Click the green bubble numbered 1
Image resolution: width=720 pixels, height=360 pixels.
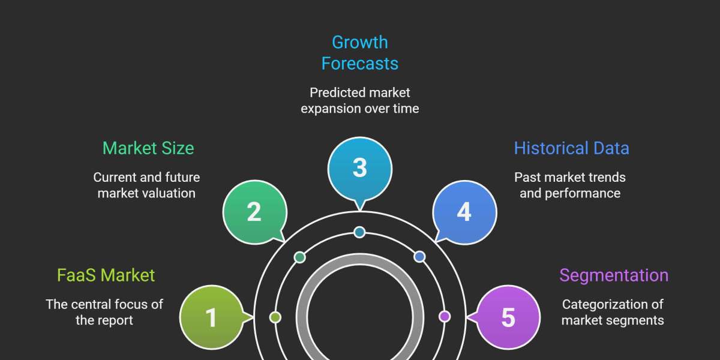pos(211,317)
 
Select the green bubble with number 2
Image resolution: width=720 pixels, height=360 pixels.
pos(254,212)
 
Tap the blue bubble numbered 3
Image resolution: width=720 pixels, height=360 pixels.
pos(359,167)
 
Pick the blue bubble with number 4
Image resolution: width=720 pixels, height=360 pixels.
pos(464,212)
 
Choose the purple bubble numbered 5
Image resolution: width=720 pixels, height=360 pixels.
pos(508,317)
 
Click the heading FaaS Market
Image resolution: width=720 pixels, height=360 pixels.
pos(106,275)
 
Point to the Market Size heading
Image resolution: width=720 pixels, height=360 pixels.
pos(148,148)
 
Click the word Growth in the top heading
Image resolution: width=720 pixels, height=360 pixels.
pos(360,43)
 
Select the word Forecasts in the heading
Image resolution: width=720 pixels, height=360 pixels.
pos(360,64)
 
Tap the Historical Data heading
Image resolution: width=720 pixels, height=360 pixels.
pos(571,148)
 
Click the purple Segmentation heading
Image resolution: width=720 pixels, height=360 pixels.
pos(614,275)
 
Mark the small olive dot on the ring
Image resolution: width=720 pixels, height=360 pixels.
pos(275,317)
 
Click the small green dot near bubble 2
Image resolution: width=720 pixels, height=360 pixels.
pos(299,257)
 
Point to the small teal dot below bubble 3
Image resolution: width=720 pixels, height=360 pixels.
pos(359,232)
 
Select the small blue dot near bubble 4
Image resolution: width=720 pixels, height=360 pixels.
pos(419,257)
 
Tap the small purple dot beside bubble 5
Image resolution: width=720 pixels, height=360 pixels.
pos(445,316)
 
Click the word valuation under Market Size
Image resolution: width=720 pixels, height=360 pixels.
pos(167,193)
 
